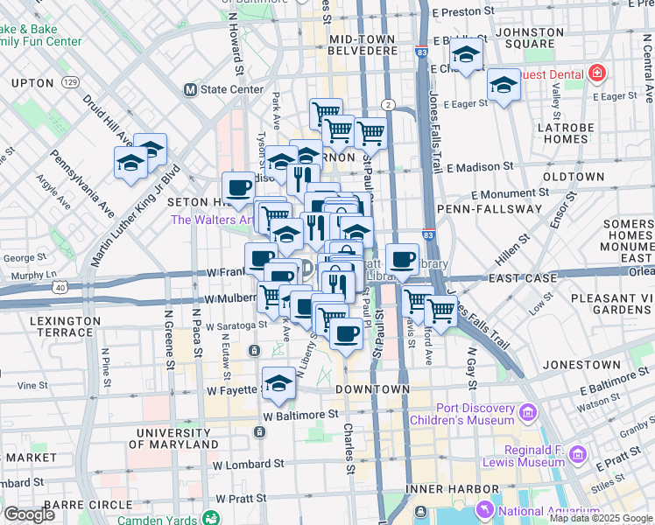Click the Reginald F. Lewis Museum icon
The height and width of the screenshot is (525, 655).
(x=577, y=455)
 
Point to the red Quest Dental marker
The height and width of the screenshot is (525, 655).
(x=596, y=74)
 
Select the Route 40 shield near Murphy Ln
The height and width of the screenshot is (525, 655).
(x=60, y=287)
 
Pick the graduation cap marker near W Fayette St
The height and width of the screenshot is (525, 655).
(x=278, y=382)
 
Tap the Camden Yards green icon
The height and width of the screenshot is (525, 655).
(x=211, y=518)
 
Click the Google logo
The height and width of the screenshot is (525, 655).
(x=29, y=514)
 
